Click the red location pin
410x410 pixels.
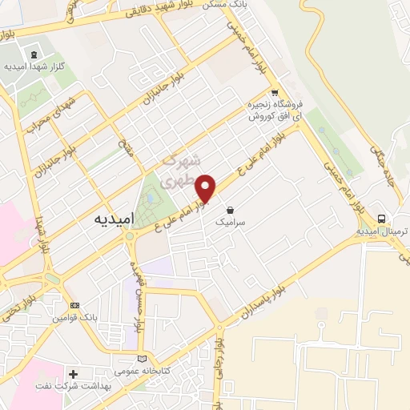coord(206,187)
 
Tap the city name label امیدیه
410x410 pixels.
coord(107,218)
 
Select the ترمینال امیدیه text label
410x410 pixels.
coord(382,231)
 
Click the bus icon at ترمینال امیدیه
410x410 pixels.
coord(382,218)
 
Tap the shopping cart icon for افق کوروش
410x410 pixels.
coord(275,92)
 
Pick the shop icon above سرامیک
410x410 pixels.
coord(231,211)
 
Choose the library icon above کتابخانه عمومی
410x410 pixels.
coord(143,358)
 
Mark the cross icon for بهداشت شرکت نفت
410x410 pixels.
coord(73,374)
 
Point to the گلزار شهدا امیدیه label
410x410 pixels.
coord(33,67)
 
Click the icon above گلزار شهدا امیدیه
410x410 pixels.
coord(33,54)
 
